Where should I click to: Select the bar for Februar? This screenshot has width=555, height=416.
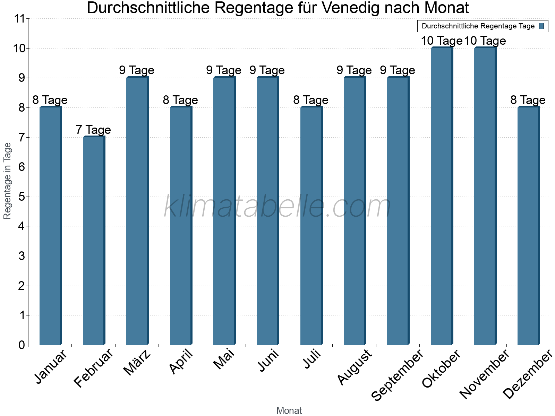[94, 241]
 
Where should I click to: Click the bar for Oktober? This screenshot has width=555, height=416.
[442, 196]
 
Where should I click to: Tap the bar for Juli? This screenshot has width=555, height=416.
[311, 226]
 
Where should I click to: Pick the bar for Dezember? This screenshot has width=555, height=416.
[528, 226]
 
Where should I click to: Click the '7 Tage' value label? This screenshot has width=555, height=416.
[93, 130]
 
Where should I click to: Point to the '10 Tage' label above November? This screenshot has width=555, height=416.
[485, 41]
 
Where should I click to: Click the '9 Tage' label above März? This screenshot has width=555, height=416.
[137, 70]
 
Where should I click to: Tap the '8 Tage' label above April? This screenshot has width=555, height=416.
[180, 100]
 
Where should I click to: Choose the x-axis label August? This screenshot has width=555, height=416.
[355, 367]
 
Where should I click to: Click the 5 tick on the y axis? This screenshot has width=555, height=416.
[22, 197]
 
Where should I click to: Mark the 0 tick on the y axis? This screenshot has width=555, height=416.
[22, 345]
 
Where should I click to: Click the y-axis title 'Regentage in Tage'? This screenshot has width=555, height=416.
[8, 181]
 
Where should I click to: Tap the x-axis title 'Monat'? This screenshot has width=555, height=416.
[289, 410]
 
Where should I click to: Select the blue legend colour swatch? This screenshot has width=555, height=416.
[541, 26]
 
